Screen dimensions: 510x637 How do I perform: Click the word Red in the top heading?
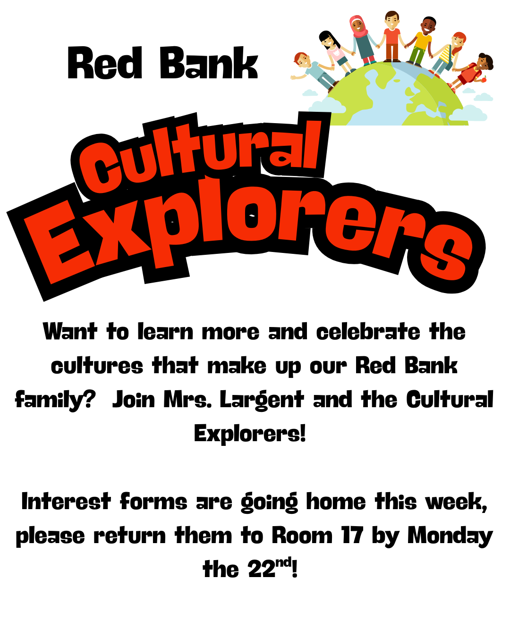click(105, 63)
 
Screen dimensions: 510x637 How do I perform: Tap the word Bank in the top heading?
click(209, 63)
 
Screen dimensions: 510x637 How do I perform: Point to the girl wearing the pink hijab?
click(362, 40)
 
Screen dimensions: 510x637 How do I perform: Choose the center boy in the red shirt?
click(392, 36)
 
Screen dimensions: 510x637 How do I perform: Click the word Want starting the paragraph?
click(70, 331)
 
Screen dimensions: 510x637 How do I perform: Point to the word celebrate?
click(368, 331)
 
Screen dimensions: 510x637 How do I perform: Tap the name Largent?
click(262, 400)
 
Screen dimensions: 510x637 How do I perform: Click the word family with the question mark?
click(55, 400)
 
